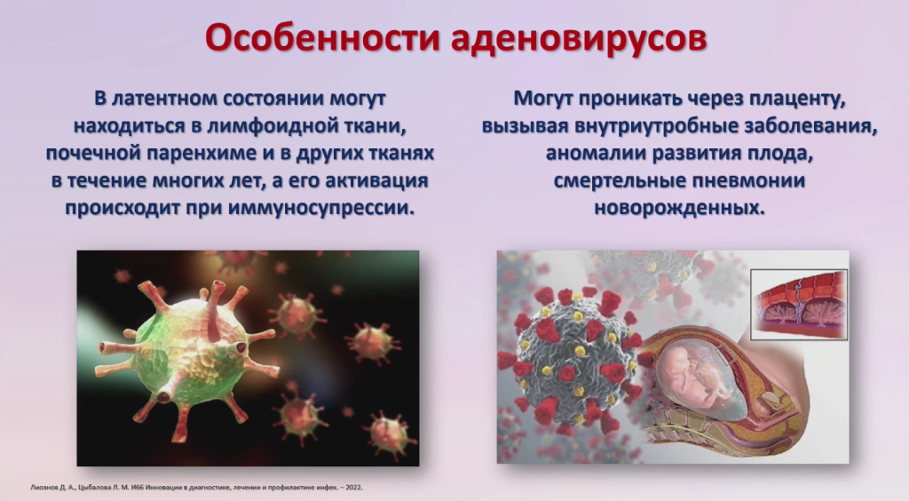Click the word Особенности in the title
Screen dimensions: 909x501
[322, 39]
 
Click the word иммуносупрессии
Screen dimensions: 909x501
[321, 208]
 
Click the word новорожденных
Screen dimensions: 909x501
[679, 208]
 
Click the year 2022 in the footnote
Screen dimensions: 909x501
[353, 488]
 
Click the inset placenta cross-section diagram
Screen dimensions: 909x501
[799, 304]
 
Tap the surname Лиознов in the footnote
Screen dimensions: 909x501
[43, 488]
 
